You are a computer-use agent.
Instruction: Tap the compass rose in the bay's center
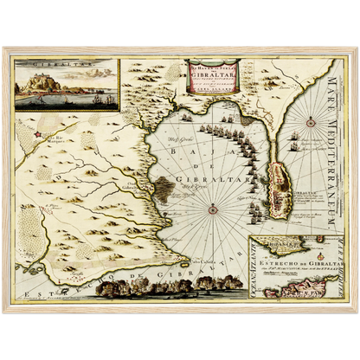pyautogui.click(x=212, y=208)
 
